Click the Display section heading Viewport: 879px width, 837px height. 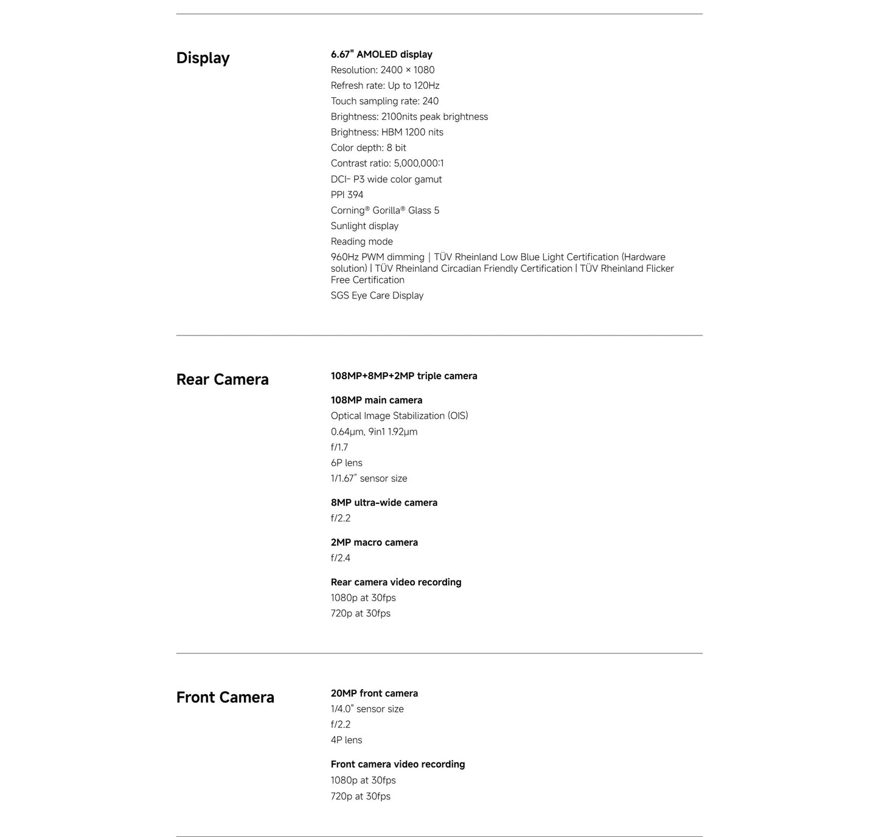click(x=203, y=58)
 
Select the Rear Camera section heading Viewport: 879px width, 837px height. click(x=222, y=380)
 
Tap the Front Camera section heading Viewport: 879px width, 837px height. click(x=225, y=698)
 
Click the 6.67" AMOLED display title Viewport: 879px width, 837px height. click(x=381, y=55)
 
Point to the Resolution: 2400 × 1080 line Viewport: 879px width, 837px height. click(x=383, y=70)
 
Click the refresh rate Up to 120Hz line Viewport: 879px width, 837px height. click(x=385, y=86)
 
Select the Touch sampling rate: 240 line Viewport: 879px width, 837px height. click(x=384, y=101)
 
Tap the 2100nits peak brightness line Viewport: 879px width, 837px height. click(x=409, y=117)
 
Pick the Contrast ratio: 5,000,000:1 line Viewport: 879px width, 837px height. click(x=387, y=163)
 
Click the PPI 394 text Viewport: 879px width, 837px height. click(x=347, y=195)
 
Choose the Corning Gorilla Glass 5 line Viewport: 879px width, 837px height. click(x=385, y=210)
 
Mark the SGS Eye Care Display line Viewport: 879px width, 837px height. click(x=377, y=295)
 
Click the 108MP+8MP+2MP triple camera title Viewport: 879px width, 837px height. click(x=404, y=376)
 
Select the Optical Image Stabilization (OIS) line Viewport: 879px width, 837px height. click(x=400, y=416)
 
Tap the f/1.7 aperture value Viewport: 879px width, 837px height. click(x=339, y=447)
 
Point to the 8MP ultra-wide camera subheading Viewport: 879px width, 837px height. click(x=384, y=503)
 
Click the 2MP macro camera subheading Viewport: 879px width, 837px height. click(x=374, y=543)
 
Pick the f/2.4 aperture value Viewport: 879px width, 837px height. click(x=341, y=558)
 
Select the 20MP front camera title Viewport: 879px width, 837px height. click(x=374, y=694)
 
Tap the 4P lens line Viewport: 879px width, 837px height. click(x=346, y=740)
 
